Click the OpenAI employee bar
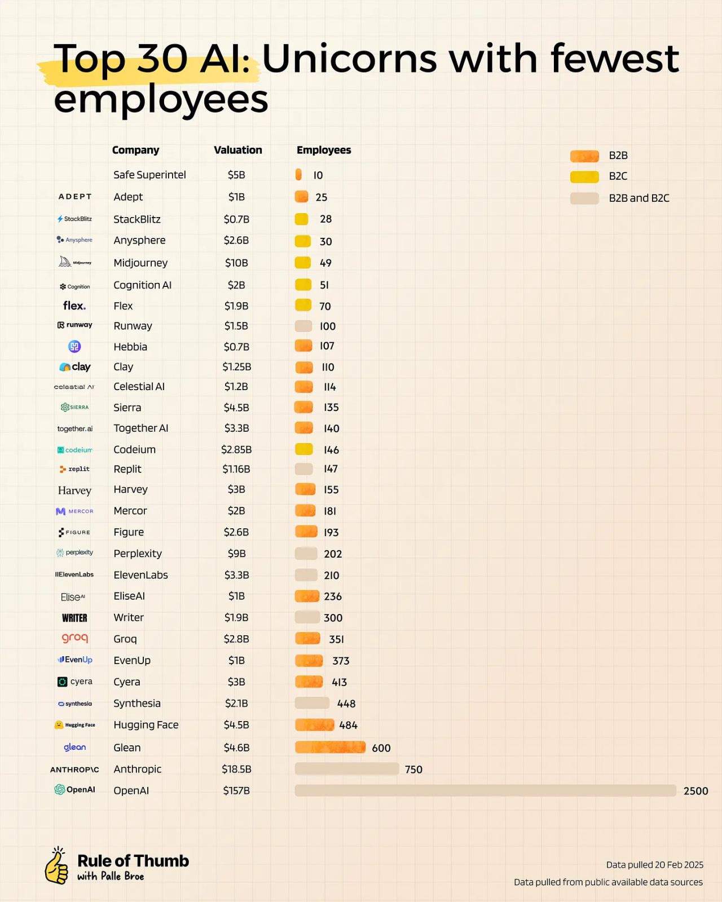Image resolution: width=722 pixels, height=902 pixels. [x=485, y=790]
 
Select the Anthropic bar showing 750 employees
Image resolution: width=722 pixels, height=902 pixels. [x=346, y=769]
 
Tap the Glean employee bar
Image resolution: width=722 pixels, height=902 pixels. [x=330, y=748]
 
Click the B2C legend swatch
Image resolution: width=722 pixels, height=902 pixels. [x=584, y=176]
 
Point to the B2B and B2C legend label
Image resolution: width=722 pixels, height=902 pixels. [x=639, y=198]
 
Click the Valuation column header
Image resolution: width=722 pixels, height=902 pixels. [x=237, y=150]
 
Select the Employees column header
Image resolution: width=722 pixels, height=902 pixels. [x=324, y=150]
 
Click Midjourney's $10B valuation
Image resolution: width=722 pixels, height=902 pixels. [x=236, y=263]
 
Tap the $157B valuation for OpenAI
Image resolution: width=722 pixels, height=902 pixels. [x=236, y=790]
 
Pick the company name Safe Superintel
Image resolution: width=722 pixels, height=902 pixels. [x=149, y=175]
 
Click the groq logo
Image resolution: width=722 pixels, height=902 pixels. [x=75, y=638]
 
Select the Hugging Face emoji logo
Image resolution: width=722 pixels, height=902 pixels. [x=59, y=725]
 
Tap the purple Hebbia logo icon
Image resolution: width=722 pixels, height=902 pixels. [x=74, y=347]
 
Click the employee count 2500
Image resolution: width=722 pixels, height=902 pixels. [x=695, y=791]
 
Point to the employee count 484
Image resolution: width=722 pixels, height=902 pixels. [x=348, y=725]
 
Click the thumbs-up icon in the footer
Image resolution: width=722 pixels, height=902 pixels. [x=56, y=866]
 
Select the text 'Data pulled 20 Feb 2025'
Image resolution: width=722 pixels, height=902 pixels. [x=654, y=865]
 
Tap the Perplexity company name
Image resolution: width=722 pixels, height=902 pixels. [x=138, y=554]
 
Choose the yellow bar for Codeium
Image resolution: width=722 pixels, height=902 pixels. [x=304, y=449]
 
